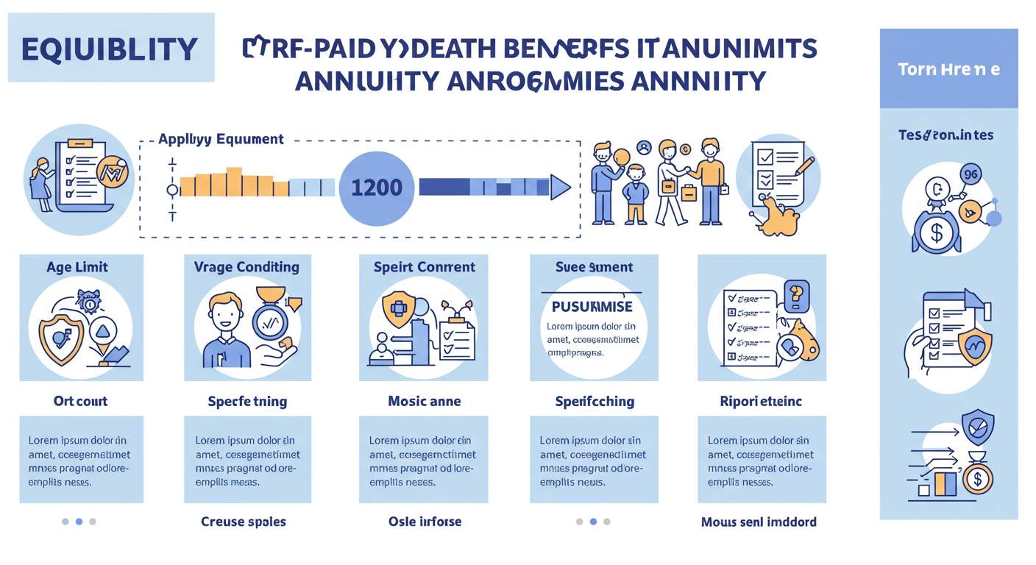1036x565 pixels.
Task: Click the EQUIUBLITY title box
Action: pyautogui.click(x=110, y=49)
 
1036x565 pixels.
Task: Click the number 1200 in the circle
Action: pyautogui.click(x=377, y=188)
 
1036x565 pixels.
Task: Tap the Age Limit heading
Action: pyautogui.click(x=77, y=267)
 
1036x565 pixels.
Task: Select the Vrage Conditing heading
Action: pyautogui.click(x=246, y=267)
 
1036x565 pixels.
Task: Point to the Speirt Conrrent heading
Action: pyautogui.click(x=424, y=267)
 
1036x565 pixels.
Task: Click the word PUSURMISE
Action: pyautogui.click(x=592, y=305)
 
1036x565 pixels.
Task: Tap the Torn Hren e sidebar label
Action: pyautogui.click(x=948, y=70)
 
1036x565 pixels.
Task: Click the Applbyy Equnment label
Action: pyautogui.click(x=221, y=138)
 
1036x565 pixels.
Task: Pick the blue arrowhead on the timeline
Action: pyautogui.click(x=560, y=188)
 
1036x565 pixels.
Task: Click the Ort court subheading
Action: pyautogui.click(x=80, y=401)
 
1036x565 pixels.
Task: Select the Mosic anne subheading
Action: pyautogui.click(x=424, y=401)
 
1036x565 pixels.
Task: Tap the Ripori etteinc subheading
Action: pyautogui.click(x=761, y=401)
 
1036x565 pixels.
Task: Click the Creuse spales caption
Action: pyautogui.click(x=244, y=522)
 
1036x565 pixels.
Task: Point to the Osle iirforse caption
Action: pyautogui.click(x=425, y=522)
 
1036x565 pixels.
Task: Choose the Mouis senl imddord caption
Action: pyautogui.click(x=759, y=522)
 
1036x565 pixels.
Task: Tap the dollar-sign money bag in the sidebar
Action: pyautogui.click(x=937, y=232)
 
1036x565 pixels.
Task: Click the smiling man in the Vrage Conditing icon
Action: pyautogui.click(x=226, y=324)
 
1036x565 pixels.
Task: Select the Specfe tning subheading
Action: pyautogui.click(x=247, y=401)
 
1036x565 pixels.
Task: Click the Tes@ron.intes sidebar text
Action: pyautogui.click(x=945, y=135)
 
